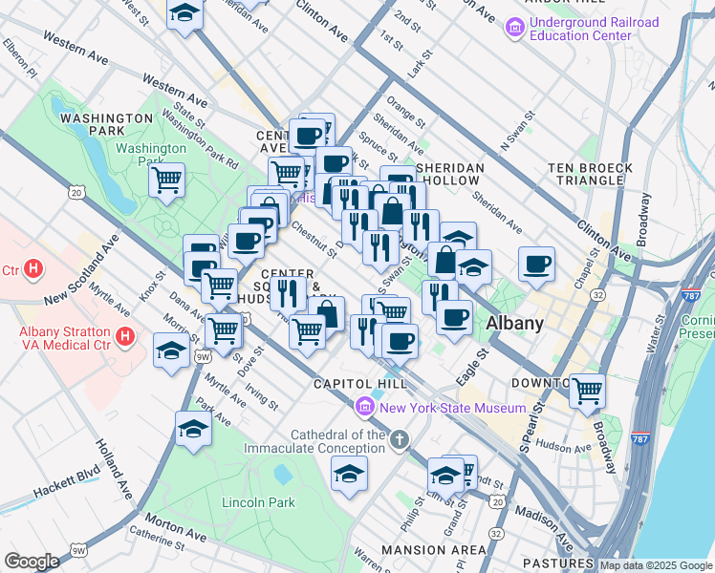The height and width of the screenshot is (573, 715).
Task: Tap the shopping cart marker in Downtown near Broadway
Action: [586, 389]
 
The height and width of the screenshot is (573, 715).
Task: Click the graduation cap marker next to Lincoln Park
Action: [349, 473]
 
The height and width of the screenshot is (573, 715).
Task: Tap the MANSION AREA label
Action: [433, 550]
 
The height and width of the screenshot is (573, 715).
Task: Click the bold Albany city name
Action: [514, 324]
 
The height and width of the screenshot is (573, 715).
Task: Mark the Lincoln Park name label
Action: [257, 502]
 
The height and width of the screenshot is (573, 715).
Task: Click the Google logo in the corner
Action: [32, 562]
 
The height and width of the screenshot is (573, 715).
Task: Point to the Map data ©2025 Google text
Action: [655, 565]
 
